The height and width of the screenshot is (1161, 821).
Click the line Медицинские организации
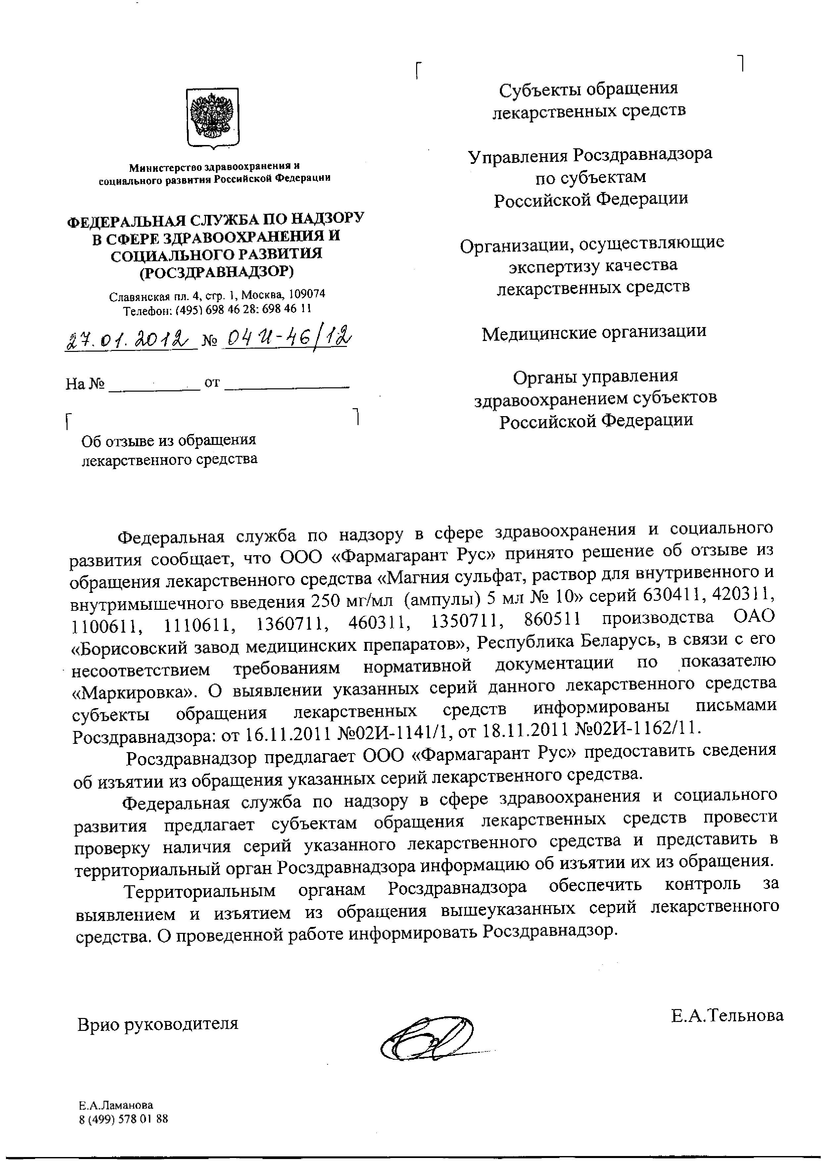(594, 332)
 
